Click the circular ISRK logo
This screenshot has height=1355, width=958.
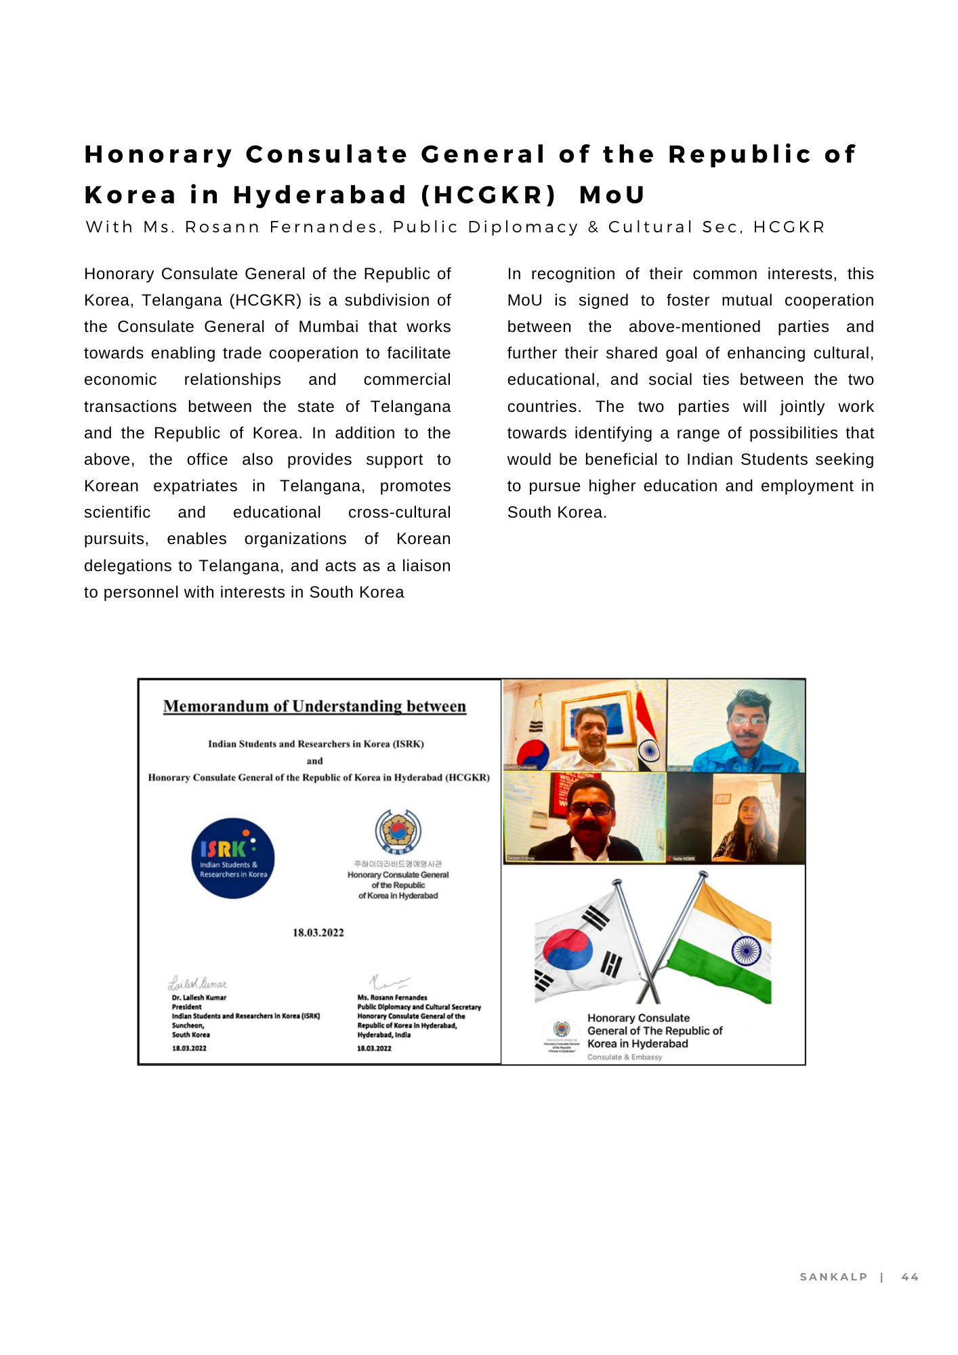[x=232, y=858]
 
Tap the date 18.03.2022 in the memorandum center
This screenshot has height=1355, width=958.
[x=318, y=933]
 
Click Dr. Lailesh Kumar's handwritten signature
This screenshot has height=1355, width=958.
[x=197, y=983]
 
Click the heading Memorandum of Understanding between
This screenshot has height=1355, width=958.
[x=314, y=707]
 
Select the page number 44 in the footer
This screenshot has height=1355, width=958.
[x=909, y=1277]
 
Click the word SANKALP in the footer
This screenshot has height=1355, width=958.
[x=833, y=1277]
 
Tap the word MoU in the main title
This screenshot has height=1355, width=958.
[x=612, y=195]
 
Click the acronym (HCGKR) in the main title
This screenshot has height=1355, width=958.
[x=488, y=195]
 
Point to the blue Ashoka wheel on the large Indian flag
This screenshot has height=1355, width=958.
[x=746, y=950]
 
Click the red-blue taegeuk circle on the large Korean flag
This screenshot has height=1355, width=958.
[x=568, y=948]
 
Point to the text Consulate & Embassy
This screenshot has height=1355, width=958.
[x=624, y=1057]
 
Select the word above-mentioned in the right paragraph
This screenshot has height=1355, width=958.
[x=694, y=327]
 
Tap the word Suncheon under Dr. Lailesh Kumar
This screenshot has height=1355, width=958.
[x=188, y=1026]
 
